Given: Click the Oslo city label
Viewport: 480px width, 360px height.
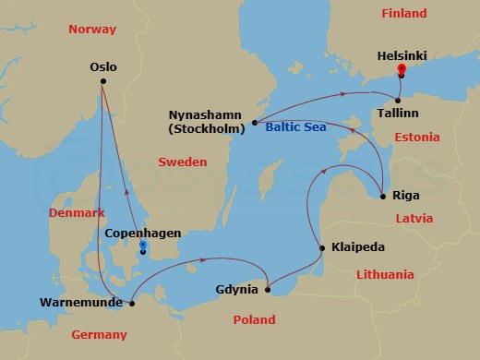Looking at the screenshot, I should (104, 66).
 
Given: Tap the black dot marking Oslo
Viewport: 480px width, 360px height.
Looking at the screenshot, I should (102, 82).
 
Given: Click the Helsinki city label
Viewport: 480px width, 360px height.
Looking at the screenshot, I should (402, 54).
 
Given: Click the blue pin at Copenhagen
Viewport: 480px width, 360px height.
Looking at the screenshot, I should (143, 247).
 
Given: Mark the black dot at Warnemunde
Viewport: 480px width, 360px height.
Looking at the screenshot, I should (132, 302).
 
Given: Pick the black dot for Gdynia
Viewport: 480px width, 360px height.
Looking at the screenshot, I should (268, 291).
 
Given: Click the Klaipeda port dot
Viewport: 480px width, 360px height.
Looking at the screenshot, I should (320, 247).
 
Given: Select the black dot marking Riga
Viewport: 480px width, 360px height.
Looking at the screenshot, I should (382, 195).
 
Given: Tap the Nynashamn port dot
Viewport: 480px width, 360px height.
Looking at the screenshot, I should (254, 122).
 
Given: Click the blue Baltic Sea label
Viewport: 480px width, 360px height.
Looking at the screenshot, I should (294, 129).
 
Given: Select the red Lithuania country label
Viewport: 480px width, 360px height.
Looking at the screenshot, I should (385, 274).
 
